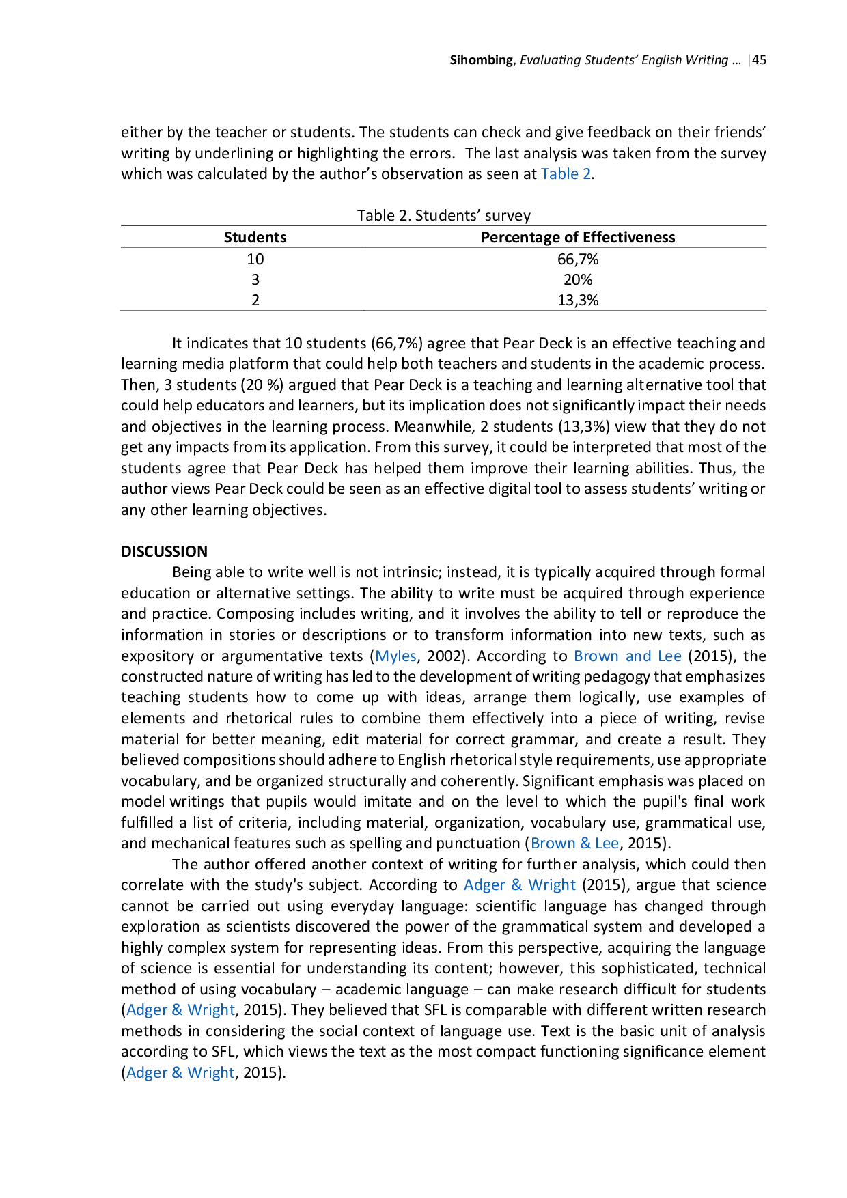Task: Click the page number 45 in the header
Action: click(x=759, y=60)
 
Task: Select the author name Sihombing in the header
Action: click(x=481, y=60)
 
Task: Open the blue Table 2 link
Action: click(x=566, y=174)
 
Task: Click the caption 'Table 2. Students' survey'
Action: click(x=444, y=216)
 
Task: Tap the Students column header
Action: click(x=255, y=238)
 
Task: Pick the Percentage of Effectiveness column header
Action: click(x=578, y=238)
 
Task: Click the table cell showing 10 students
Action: click(x=255, y=260)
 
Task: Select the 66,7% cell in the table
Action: click(x=578, y=260)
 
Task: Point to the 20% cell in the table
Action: click(x=578, y=280)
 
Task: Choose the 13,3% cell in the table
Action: click(x=578, y=301)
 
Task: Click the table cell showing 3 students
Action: click(x=255, y=280)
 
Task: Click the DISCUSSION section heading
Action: click(x=165, y=552)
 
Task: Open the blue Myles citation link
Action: click(x=396, y=656)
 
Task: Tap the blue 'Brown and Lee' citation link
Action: click(x=628, y=656)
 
